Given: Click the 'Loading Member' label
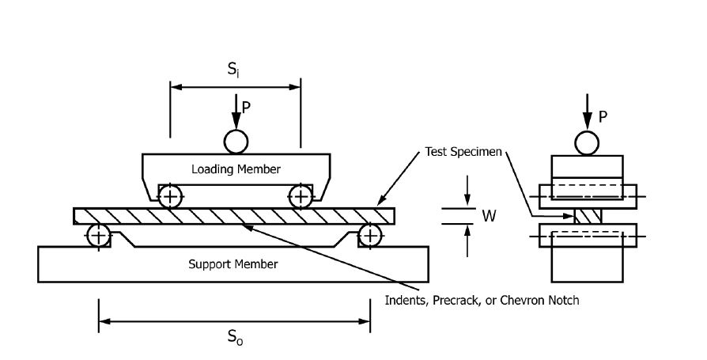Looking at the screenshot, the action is (236, 169).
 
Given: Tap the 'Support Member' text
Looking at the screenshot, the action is (233, 264).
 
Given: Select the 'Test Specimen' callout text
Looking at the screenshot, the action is (463, 152).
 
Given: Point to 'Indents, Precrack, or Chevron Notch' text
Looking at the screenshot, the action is (482, 301).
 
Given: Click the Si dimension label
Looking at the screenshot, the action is (233, 69).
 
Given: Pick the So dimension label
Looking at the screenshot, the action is (234, 337).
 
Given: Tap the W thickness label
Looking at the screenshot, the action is (490, 216).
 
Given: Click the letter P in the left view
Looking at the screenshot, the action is (246, 108).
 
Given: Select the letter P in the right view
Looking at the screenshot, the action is (603, 117).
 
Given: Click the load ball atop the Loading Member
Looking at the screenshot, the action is (236, 142).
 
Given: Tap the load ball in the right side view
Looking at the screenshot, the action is (587, 144).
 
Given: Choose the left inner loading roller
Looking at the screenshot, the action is (170, 197).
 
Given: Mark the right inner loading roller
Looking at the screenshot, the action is (301, 197).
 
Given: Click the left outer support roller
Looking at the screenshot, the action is (99, 236).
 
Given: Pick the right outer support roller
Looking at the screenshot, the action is (370, 236).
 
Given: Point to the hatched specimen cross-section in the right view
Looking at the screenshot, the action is (588, 216).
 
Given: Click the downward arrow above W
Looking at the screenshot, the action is (467, 191).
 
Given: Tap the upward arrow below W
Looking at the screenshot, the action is (467, 241).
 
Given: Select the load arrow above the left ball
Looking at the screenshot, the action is (236, 112).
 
